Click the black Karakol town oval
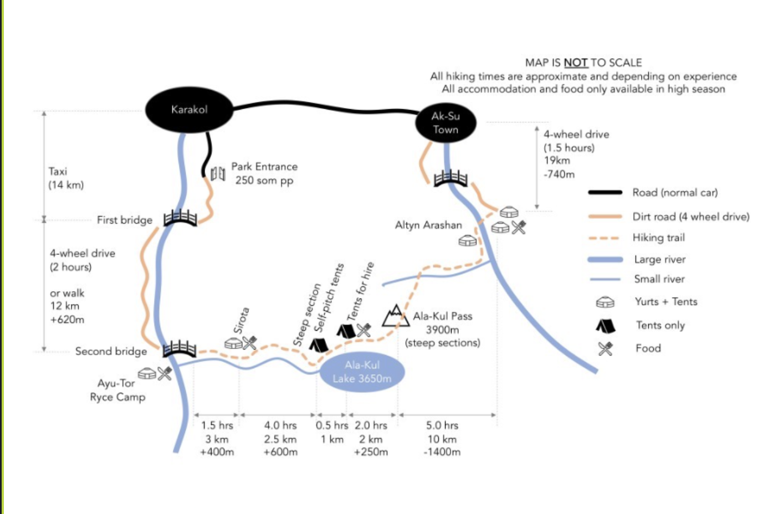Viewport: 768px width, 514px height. coord(190,110)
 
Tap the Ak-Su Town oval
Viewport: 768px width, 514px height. coord(446,122)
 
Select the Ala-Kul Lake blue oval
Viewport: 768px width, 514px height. coord(362,372)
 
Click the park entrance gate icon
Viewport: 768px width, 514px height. coord(218,174)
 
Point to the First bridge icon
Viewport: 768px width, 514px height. coord(180,218)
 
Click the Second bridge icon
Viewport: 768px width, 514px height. coord(180,349)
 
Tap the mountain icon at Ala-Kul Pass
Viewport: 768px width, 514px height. coord(396,316)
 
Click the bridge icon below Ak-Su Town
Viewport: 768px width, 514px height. coord(450,178)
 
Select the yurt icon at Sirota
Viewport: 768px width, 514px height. coord(233,343)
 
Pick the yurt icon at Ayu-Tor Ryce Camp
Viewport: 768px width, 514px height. coord(147,373)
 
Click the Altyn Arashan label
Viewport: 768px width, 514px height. coord(428,225)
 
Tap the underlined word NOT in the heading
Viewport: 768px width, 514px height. coord(576,63)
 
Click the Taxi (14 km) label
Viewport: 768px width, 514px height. coord(66,178)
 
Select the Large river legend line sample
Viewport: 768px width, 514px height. coord(605,259)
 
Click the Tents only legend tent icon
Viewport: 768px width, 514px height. coord(606,326)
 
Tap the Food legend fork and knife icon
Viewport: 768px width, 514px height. coord(606,349)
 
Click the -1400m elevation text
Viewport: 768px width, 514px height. coord(442,452)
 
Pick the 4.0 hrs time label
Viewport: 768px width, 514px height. coord(280,425)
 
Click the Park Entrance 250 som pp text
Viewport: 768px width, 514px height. coord(264,174)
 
